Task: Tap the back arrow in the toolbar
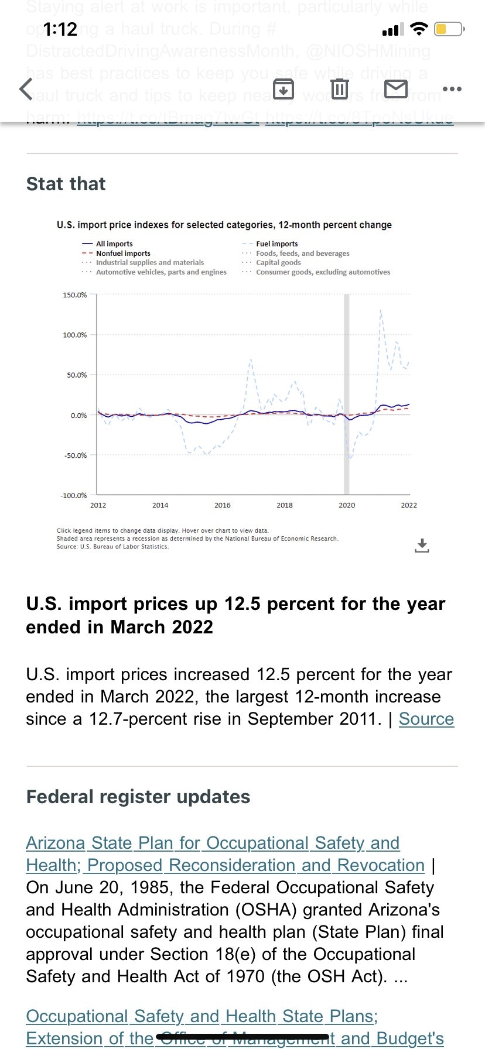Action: [x=26, y=90]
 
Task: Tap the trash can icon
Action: [x=339, y=89]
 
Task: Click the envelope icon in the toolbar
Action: [x=396, y=89]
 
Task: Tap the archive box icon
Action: [x=284, y=90]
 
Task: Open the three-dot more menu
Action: [x=452, y=89]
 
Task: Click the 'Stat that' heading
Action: [x=66, y=184]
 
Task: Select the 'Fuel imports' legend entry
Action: [x=276, y=244]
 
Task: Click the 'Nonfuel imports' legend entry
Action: [x=123, y=253]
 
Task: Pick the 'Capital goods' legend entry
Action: [x=278, y=262]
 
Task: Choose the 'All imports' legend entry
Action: [x=114, y=244]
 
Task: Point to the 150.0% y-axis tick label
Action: [x=74, y=294]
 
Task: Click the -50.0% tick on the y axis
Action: [x=76, y=455]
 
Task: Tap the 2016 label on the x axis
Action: [x=222, y=505]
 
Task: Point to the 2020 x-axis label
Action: [x=347, y=505]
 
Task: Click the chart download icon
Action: [x=422, y=546]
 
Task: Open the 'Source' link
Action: [x=426, y=719]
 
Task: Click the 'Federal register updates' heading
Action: [x=138, y=797]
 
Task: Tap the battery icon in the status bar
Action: [x=449, y=29]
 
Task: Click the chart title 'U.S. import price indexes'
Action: [x=224, y=225]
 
